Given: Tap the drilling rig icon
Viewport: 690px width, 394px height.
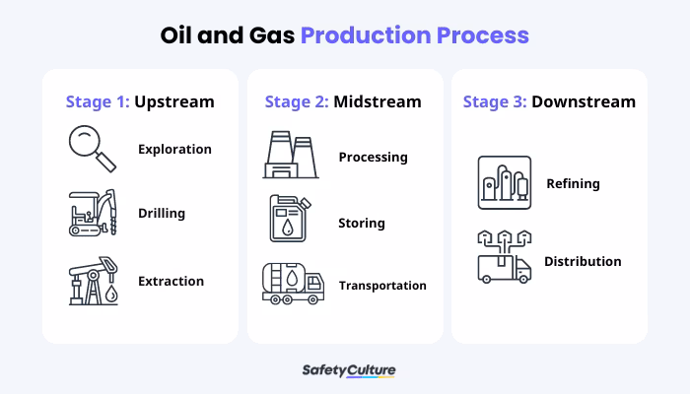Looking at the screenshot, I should click(x=92, y=213).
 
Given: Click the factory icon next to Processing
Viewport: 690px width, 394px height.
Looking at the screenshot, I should click(x=291, y=157).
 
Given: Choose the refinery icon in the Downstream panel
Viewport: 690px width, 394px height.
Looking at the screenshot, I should click(x=504, y=183).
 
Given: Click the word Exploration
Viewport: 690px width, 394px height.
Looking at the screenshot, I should click(x=174, y=150).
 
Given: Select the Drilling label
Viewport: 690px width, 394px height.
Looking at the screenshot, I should click(x=162, y=213).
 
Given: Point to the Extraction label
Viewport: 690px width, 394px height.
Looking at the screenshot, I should click(x=171, y=281).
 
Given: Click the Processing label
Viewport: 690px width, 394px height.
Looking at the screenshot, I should click(x=373, y=157).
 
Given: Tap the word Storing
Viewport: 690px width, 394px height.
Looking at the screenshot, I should click(x=362, y=223).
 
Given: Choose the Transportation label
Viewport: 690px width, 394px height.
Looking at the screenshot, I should click(x=382, y=286).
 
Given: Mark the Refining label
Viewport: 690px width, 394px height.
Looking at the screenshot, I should click(x=573, y=183).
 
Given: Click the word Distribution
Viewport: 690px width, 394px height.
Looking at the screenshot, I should click(x=583, y=261).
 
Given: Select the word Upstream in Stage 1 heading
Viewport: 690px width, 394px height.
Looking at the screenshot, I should click(x=174, y=101).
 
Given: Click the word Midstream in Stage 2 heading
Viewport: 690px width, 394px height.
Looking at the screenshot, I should click(x=378, y=101).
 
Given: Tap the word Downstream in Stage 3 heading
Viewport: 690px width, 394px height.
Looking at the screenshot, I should click(x=584, y=101).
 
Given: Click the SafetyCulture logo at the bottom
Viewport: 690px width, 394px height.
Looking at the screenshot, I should click(x=348, y=370).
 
